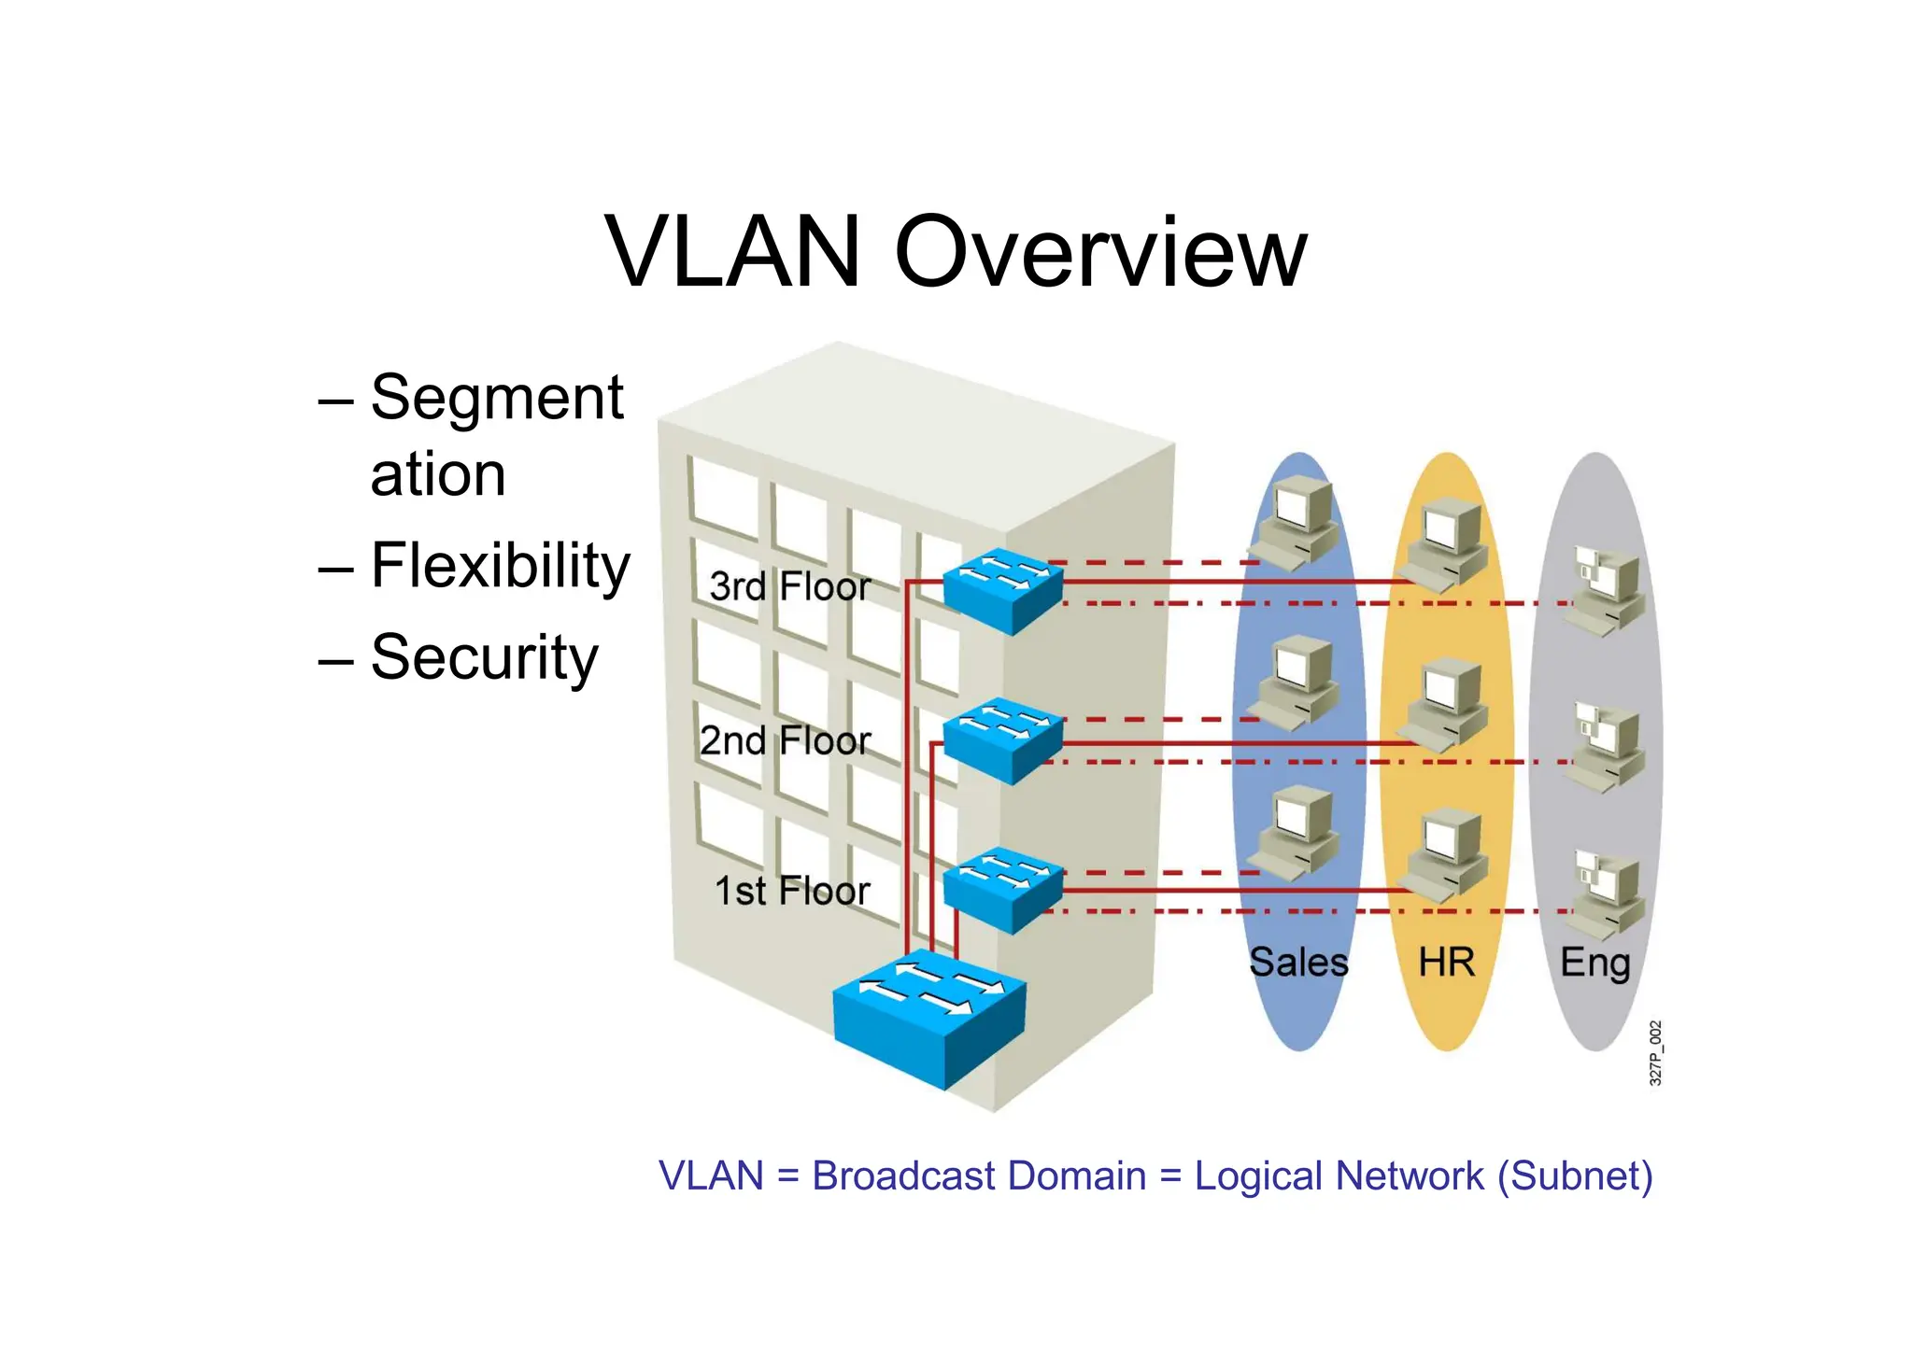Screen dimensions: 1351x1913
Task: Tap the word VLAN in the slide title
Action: [x=732, y=252]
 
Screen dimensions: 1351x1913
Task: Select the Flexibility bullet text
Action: [x=500, y=566]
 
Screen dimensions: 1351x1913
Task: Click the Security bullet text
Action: [x=484, y=657]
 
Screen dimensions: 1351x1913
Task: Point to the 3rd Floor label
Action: [x=789, y=586]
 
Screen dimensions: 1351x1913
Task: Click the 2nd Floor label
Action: [x=785, y=740]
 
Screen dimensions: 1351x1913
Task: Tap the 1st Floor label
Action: [x=792, y=891]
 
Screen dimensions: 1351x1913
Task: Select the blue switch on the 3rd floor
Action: [x=1002, y=590]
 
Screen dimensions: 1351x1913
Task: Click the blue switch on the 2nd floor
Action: [x=1002, y=739]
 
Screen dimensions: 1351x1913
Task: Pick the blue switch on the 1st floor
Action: [x=1002, y=889]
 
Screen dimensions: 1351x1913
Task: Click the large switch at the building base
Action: [x=929, y=1018]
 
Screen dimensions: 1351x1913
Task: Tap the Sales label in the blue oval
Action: [x=1298, y=962]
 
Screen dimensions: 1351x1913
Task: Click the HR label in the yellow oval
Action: [x=1446, y=962]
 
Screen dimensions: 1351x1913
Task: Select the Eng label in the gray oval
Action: [x=1594, y=962]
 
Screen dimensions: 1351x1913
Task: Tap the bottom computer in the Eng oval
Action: [x=1607, y=894]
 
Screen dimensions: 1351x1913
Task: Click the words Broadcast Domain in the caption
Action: [x=978, y=1175]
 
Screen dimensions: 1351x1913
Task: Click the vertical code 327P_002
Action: [x=1655, y=1053]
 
